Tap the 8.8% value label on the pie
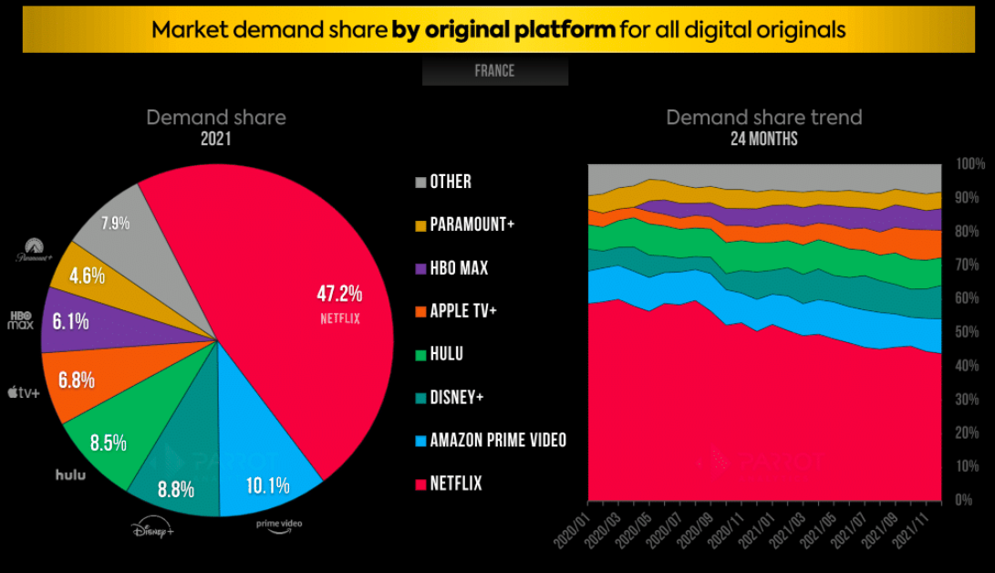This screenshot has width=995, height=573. click(x=175, y=489)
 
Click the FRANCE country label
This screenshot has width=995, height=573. click(x=494, y=71)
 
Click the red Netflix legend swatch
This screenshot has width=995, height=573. click(x=419, y=484)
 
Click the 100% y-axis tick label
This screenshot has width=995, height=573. click(x=970, y=164)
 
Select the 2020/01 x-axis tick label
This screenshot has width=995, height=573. click(x=576, y=526)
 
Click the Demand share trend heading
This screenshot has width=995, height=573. click(x=763, y=118)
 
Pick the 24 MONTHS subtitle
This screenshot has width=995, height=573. click(x=763, y=140)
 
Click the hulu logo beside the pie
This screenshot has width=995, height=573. click(x=70, y=474)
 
